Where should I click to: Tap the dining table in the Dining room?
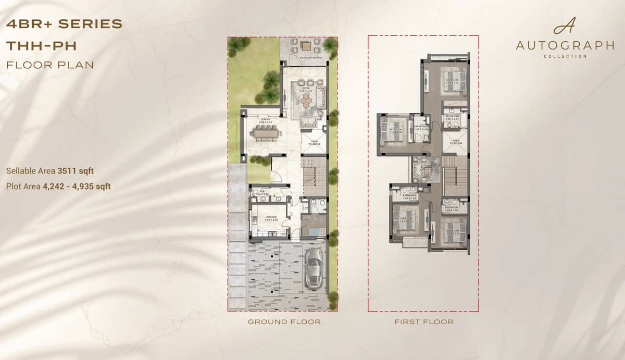point(266,133)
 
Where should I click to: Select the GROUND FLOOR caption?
point(284,322)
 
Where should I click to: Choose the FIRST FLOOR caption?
point(423,322)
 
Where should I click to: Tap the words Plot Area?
point(24,185)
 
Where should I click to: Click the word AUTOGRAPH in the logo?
point(565,46)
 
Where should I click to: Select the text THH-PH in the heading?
point(41,46)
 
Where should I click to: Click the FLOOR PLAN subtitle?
point(50,65)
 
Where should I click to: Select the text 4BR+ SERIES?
point(64,24)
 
